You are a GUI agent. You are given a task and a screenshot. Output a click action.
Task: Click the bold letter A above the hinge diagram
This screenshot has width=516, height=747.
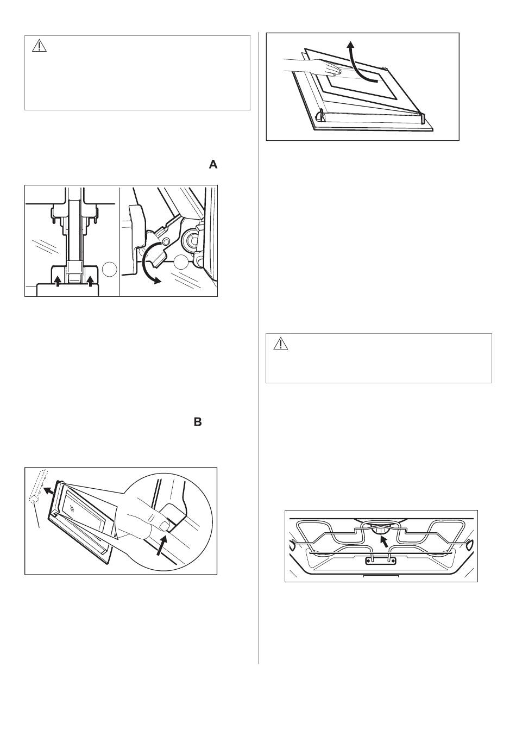(213, 165)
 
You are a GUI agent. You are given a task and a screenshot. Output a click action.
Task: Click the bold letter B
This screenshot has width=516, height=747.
(198, 422)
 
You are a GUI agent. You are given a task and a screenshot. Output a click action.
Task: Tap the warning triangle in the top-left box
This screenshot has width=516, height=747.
(39, 46)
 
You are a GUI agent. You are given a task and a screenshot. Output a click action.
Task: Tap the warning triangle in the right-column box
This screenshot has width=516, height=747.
(280, 344)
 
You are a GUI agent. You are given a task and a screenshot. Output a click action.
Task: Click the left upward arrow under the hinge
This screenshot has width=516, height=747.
(57, 282)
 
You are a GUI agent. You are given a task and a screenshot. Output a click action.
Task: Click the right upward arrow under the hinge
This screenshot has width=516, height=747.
(90, 282)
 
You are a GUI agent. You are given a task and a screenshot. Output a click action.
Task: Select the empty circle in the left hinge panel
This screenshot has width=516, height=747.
(110, 269)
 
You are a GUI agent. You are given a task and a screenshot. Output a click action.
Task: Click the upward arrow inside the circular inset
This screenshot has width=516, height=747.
(161, 546)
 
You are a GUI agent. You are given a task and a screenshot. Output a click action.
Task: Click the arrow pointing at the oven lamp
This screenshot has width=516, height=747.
(384, 543)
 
